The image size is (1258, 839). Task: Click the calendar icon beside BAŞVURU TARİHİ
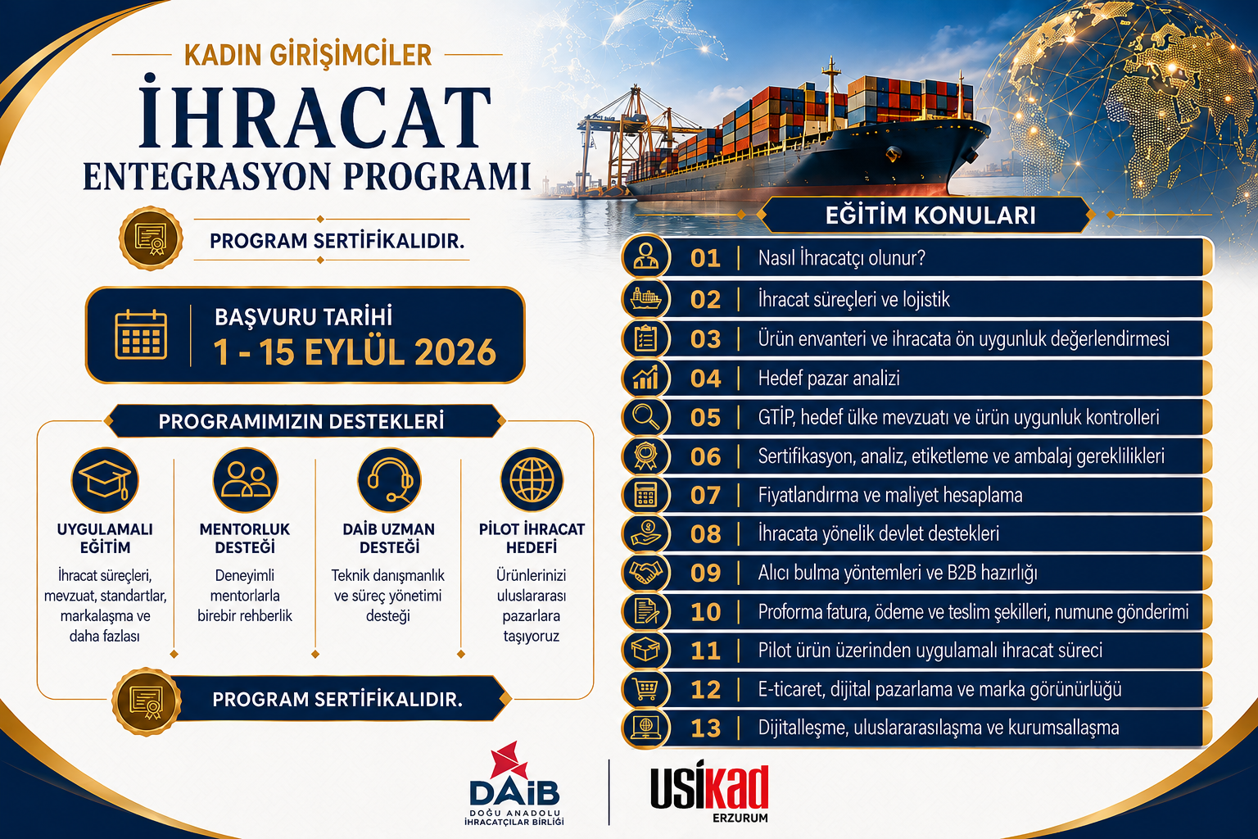(141, 334)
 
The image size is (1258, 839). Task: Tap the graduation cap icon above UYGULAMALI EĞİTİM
(105, 480)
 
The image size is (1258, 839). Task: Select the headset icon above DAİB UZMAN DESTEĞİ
(389, 480)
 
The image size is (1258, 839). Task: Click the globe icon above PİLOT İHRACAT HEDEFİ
(532, 480)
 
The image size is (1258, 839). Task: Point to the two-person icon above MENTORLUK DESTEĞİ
(246, 480)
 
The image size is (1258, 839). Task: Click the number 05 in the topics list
(705, 418)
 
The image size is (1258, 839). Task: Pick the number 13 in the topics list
(705, 728)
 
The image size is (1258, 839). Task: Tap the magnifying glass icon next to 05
(645, 418)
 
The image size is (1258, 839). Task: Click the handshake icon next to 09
(645, 573)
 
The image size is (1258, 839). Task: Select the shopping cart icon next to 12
(645, 690)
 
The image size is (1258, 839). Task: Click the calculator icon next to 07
(645, 495)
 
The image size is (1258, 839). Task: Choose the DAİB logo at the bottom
(514, 783)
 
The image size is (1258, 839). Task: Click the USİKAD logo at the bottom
(709, 787)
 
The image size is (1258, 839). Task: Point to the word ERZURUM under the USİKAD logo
(740, 818)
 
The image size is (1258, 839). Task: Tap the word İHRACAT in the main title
(314, 116)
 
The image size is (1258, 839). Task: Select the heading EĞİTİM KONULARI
(930, 215)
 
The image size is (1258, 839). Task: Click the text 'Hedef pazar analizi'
(829, 379)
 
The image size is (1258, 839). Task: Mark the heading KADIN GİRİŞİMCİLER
(308, 55)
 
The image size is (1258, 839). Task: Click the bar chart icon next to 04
(645, 378)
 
